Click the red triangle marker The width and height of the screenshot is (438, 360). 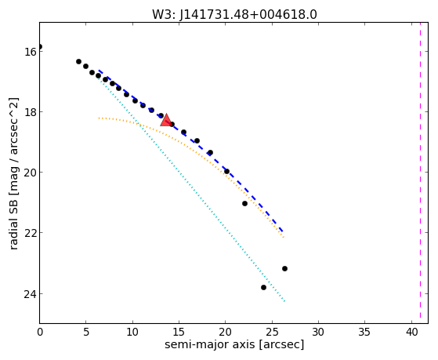[166, 120]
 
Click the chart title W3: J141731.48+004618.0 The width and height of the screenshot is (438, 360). [234, 15]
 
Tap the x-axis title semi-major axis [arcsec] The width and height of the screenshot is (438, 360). [234, 345]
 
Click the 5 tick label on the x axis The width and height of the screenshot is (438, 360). [86, 332]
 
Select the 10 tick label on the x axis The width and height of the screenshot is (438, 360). [132, 332]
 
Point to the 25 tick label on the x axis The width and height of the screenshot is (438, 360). [272, 332]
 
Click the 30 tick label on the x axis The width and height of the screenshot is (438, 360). [318, 332]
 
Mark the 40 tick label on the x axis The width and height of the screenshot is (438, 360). [411, 332]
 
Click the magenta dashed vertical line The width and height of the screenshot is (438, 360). [420, 173]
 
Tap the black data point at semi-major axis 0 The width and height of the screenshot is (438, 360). [40, 47]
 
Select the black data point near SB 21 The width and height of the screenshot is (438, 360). [244, 203]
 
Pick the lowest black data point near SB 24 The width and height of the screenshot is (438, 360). [263, 287]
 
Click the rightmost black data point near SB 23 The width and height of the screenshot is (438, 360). [284, 268]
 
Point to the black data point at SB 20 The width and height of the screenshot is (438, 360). [226, 172]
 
